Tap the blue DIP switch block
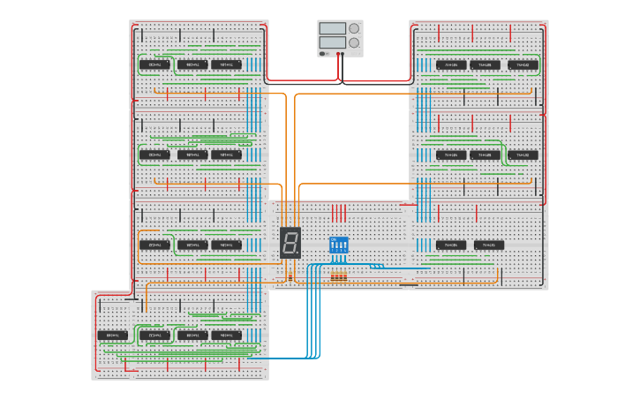(339, 245)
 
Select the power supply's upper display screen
(333, 28)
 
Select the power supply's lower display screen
(333, 42)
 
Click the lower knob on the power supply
(354, 42)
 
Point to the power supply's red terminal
(340, 54)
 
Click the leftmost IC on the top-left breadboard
(154, 64)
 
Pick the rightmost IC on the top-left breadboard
(226, 64)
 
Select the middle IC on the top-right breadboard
(485, 64)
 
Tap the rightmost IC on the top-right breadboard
(523, 64)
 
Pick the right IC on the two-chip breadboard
(489, 245)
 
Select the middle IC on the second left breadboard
(192, 155)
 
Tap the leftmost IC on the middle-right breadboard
(450, 155)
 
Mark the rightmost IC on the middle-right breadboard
(523, 155)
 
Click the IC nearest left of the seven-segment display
(226, 245)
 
